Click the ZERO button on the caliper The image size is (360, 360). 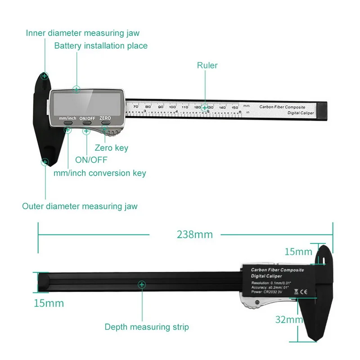coord(105,121)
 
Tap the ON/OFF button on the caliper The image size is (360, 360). coord(87,122)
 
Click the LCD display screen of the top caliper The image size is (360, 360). coord(85,103)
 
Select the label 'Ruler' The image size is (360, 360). coord(207,66)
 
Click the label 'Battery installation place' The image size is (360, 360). coord(101,46)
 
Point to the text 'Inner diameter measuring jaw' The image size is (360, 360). coord(83,33)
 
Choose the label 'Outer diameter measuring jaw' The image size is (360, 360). coord(80,207)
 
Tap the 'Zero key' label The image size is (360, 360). coord(112,148)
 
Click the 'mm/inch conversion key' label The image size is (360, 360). coord(99,173)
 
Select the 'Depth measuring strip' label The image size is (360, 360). coord(147,327)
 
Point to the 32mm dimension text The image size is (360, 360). coord(288,320)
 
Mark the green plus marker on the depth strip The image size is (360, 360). coord(142,284)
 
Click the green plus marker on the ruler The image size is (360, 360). coord(205,108)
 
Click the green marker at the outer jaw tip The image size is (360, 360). coord(45,162)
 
